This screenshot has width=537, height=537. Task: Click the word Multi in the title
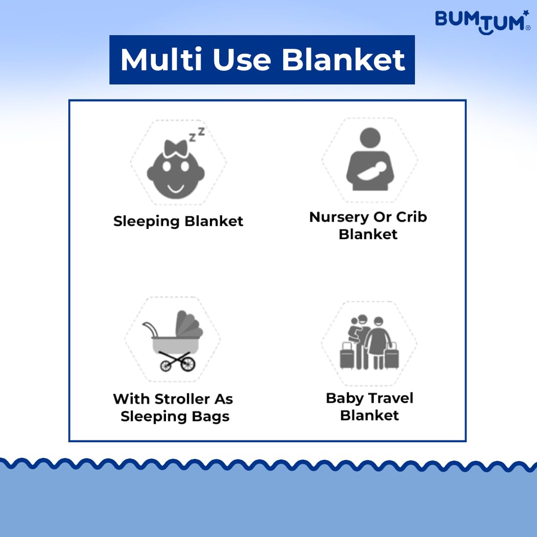pyautogui.click(x=161, y=60)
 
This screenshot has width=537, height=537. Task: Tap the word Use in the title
pyautogui.click(x=242, y=60)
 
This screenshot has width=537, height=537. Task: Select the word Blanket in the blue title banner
pyautogui.click(x=343, y=60)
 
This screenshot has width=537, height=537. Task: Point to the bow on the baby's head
pyautogui.click(x=176, y=148)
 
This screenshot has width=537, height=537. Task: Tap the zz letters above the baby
pyautogui.click(x=197, y=134)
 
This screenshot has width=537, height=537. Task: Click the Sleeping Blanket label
pyautogui.click(x=178, y=221)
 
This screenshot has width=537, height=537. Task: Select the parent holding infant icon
pyautogui.click(x=370, y=159)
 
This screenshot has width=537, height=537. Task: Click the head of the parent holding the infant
pyautogui.click(x=370, y=138)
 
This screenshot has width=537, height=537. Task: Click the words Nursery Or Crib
pyautogui.click(x=368, y=217)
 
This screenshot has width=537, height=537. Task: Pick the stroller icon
pyautogui.click(x=173, y=341)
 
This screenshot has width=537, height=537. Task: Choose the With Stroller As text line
pyautogui.click(x=173, y=399)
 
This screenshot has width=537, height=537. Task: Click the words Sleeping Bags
pyautogui.click(x=175, y=417)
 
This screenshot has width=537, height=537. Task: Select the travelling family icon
pyautogui.click(x=369, y=342)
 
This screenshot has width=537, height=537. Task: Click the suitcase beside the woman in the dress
pyautogui.click(x=392, y=356)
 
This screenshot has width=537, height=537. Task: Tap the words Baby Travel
pyautogui.click(x=370, y=398)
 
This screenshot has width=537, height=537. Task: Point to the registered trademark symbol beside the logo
pyautogui.click(x=528, y=28)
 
